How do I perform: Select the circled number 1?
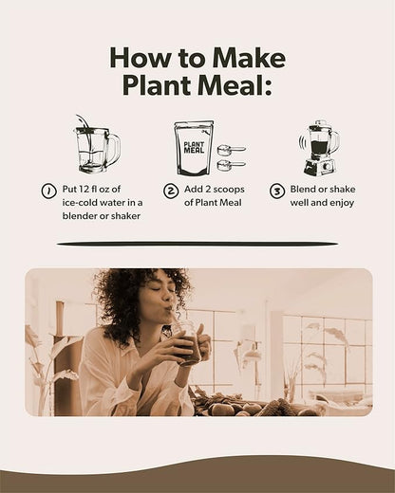48,191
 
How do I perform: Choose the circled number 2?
171,191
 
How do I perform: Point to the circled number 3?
277,191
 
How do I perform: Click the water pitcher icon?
95,146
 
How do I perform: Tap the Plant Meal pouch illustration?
194,148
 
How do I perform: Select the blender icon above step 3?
318,147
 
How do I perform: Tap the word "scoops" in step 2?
233,190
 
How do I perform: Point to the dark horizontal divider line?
197,244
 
